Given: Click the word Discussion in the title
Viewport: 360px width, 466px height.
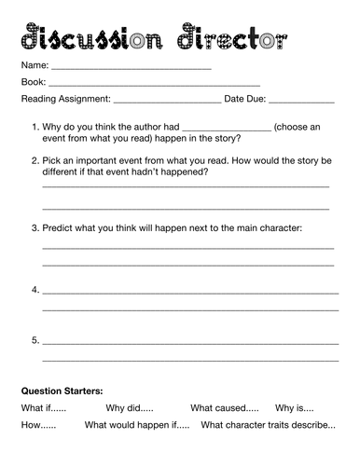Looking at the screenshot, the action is tap(92, 38).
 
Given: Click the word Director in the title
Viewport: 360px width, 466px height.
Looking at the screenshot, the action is tap(238, 38).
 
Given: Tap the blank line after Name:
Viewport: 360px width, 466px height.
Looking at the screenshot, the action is tap(130, 69).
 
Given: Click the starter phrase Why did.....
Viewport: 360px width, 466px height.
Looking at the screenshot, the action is tap(129, 407).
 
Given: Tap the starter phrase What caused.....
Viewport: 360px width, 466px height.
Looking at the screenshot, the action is tap(224, 407).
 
